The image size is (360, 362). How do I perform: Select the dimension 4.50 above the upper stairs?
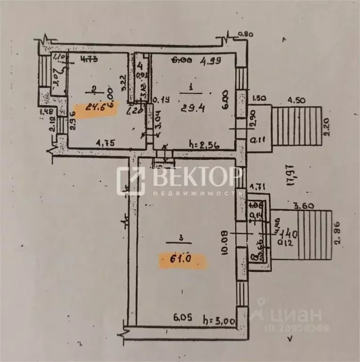[x=297, y=100]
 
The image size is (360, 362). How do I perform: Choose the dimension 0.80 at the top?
[x=245, y=34]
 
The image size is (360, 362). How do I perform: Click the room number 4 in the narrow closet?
[x=140, y=65]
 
